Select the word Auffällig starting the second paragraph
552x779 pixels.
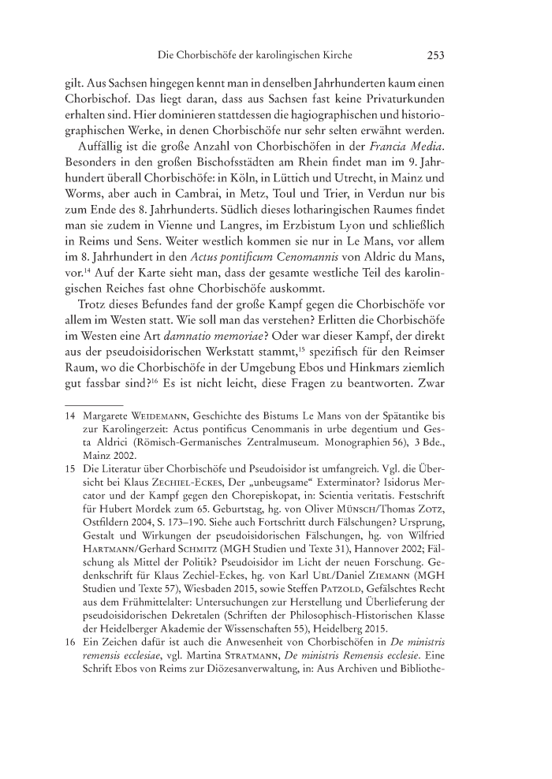[107, 148]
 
